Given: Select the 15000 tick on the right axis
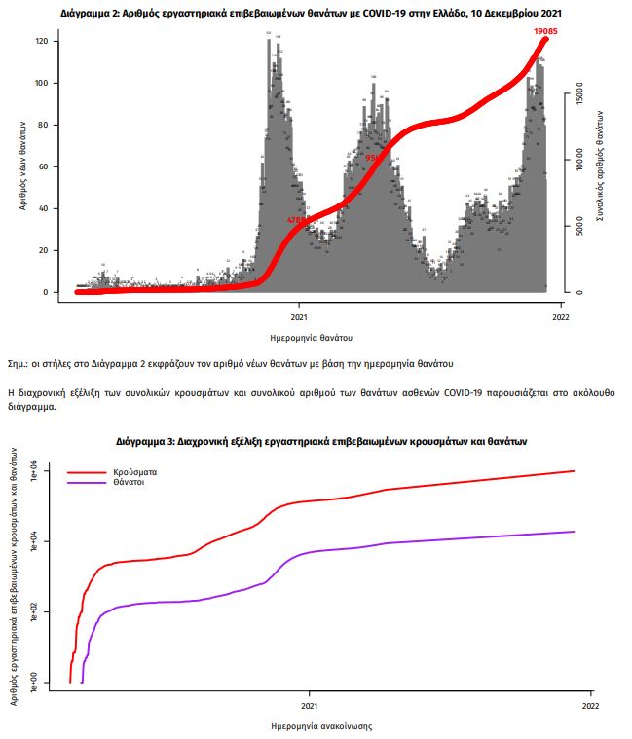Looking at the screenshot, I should (577, 96).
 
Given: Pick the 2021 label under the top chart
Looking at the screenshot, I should (300, 317).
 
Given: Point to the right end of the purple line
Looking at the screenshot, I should (574, 532).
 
